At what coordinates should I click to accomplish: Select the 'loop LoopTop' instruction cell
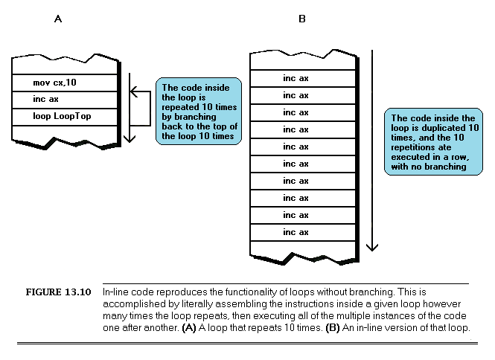[x=65, y=117]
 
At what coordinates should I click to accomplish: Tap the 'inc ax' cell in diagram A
[x=65, y=99]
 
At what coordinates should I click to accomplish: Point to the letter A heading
[x=58, y=19]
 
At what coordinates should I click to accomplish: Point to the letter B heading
[x=302, y=19]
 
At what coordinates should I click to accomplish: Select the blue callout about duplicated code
[x=432, y=142]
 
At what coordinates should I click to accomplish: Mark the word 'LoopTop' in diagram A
[x=75, y=117]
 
